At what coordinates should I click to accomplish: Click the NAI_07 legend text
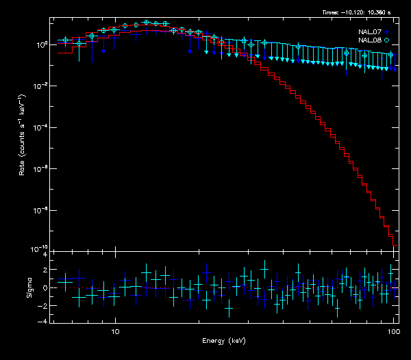coord(371,31)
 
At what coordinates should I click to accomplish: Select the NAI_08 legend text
coord(371,40)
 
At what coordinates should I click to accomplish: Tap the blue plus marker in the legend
coord(387,31)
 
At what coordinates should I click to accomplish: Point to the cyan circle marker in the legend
coord(387,40)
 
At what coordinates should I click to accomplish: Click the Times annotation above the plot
coord(360,12)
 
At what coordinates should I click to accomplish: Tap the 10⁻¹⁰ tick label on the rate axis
coord(40,248)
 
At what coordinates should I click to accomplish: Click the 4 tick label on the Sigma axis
coord(45,255)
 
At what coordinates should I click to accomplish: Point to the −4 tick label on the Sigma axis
coord(43,320)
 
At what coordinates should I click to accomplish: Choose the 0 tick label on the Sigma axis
coord(45,287)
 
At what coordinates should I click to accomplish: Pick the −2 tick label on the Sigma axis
coord(43,304)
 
